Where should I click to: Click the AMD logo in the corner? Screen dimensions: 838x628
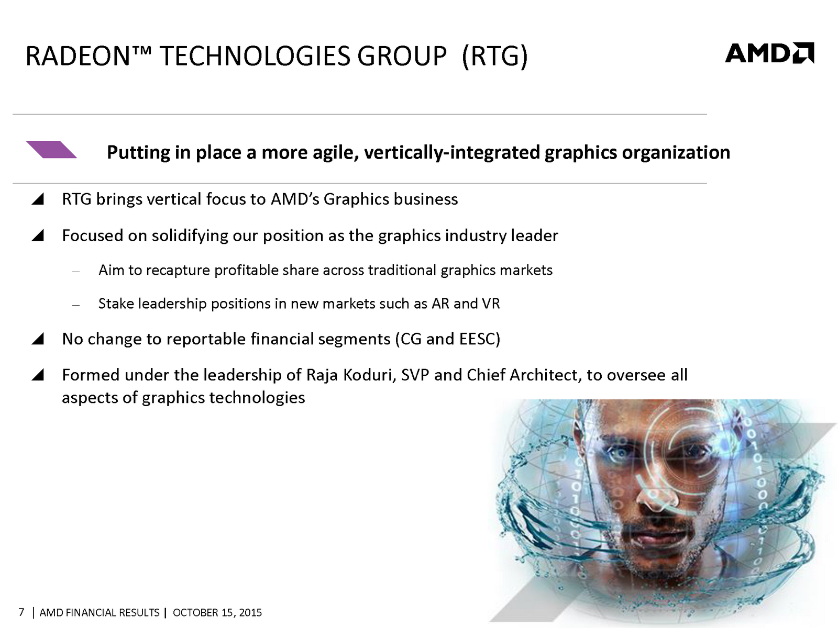click(x=770, y=53)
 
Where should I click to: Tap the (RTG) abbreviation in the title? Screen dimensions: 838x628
click(x=495, y=57)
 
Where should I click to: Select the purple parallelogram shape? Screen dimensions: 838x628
click(x=51, y=150)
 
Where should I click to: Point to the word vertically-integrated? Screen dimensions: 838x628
click(x=451, y=152)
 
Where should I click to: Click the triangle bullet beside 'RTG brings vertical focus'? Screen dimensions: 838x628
click(x=37, y=199)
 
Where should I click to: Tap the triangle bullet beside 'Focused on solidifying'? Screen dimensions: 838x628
click(x=37, y=235)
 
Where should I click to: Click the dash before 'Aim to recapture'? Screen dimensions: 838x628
click(x=75, y=272)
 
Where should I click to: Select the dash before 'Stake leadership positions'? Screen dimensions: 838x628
click(x=75, y=305)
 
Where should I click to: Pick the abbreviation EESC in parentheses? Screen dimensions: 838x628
click(x=477, y=339)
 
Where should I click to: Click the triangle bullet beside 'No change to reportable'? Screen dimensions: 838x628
click(x=37, y=339)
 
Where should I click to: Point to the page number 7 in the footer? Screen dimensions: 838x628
click(x=21, y=612)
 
